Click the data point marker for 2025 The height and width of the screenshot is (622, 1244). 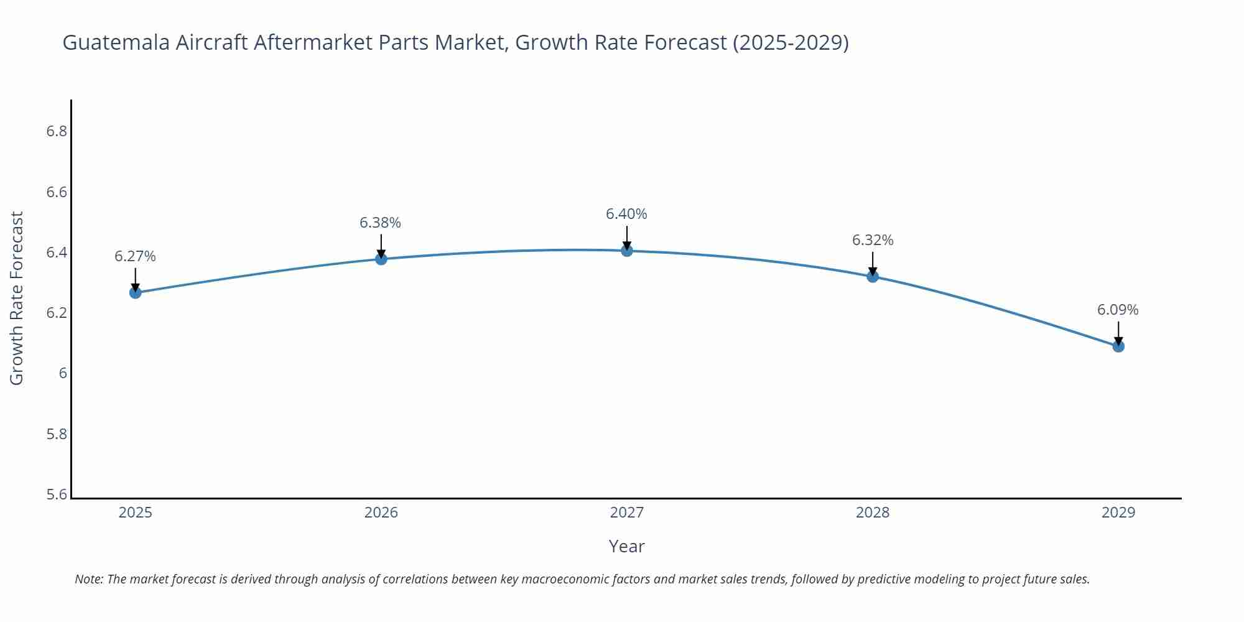[x=136, y=292]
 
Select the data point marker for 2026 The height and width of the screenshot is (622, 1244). [x=381, y=259]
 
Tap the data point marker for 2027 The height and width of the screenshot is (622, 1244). [x=627, y=251]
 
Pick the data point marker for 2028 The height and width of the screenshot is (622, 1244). [x=873, y=276]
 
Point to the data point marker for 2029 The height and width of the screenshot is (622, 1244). [x=1118, y=346]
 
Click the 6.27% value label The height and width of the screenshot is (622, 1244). [x=136, y=256]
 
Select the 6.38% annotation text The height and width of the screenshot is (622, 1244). [x=381, y=223]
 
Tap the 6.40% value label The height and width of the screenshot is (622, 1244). [x=626, y=214]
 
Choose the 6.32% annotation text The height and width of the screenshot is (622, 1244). [x=873, y=240]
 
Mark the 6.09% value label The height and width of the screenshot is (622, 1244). [x=1118, y=310]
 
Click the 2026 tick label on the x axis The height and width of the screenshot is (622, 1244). [x=381, y=513]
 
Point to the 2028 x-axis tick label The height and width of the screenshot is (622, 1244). [x=873, y=513]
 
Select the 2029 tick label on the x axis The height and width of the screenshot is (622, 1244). [x=1118, y=513]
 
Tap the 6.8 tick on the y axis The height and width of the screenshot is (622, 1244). [x=57, y=131]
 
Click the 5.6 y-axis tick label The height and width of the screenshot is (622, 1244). [x=57, y=494]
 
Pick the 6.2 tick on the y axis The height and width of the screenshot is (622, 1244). [x=57, y=313]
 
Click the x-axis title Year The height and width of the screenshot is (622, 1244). [x=626, y=546]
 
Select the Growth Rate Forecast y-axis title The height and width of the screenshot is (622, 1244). [x=17, y=298]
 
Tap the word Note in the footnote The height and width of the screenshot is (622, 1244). [x=88, y=579]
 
